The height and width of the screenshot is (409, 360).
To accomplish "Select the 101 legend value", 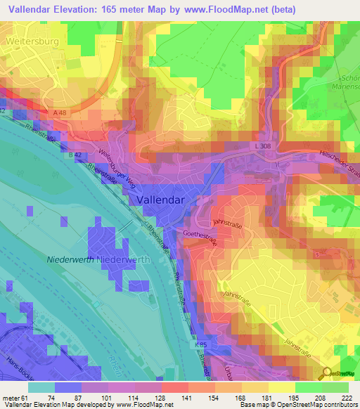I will (x=108, y=398).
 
